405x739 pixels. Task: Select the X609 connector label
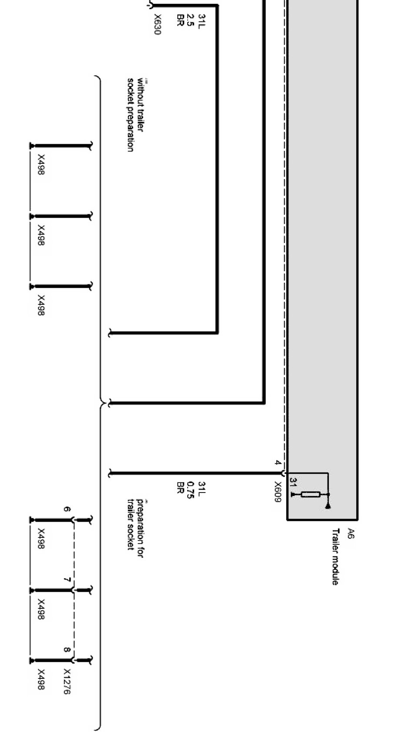pos(278,491)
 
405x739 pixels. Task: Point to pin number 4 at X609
pos(278,462)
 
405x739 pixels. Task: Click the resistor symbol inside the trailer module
pos(310,494)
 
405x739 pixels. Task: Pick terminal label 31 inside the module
pos(293,482)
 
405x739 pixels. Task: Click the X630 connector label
pos(157,24)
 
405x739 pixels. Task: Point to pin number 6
pos(67,509)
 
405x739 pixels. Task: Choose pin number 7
pos(67,580)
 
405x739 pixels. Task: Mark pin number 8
pos(67,650)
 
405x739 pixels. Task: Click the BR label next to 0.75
pos(180,487)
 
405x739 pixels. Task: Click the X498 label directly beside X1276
pos(41,679)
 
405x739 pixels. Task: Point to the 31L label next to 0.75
pos(201,488)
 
